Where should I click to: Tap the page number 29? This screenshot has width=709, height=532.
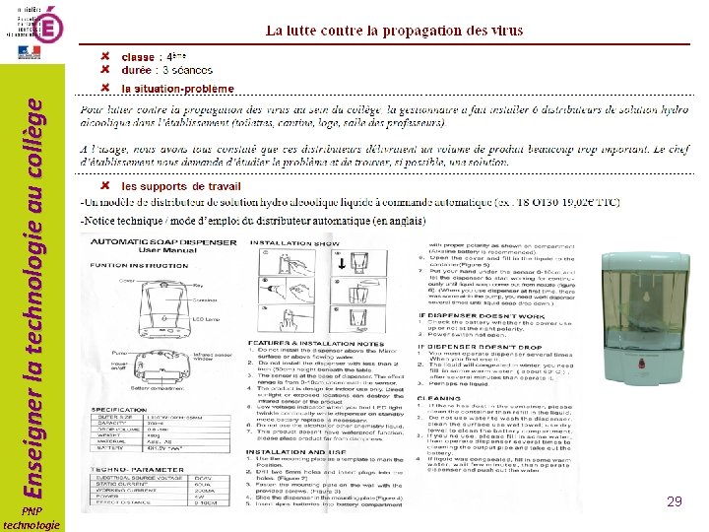pyautogui.click(x=675, y=501)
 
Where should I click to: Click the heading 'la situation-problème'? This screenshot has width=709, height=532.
pyautogui.click(x=177, y=87)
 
